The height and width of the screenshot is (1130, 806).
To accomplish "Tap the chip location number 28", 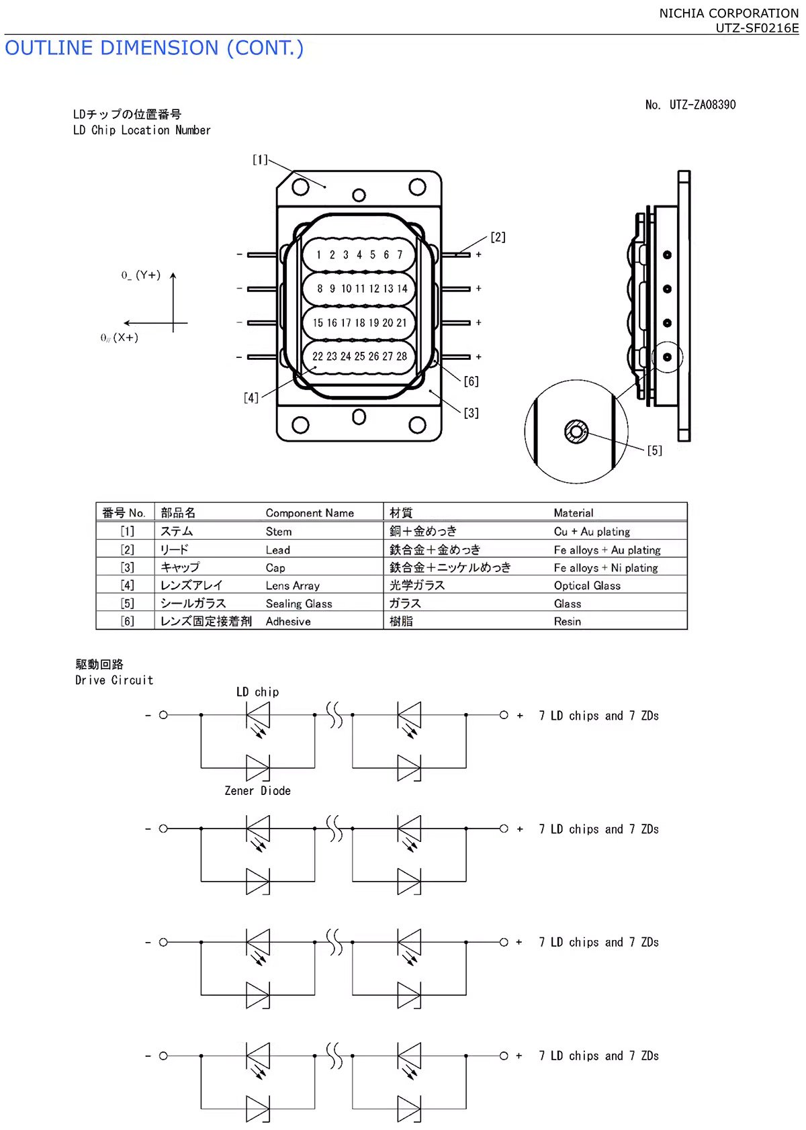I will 402,357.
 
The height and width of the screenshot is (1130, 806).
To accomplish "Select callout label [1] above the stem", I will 260,160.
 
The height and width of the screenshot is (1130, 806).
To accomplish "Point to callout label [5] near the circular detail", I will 654,451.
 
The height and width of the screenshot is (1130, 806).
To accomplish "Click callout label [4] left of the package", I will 251,397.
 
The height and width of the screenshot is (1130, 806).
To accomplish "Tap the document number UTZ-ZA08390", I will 702,105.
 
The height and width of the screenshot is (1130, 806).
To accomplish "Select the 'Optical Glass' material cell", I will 587,585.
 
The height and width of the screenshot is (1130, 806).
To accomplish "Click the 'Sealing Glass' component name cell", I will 299,604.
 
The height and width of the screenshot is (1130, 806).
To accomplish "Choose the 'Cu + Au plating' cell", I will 592,532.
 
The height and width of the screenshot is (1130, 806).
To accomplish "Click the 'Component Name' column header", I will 310,513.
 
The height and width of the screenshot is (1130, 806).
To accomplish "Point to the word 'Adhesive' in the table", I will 288,622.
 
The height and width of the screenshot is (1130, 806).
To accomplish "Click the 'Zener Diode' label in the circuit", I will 257,791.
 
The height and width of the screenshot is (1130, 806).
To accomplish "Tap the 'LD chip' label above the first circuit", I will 257,692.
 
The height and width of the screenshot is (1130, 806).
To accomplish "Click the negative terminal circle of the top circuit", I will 163,715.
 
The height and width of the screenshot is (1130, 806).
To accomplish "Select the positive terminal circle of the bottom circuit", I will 504,1055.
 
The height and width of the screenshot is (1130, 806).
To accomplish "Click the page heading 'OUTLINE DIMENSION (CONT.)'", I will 154,48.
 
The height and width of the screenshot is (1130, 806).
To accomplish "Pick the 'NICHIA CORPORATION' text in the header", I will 729,13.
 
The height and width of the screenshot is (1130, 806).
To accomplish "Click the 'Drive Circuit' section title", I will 114,680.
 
